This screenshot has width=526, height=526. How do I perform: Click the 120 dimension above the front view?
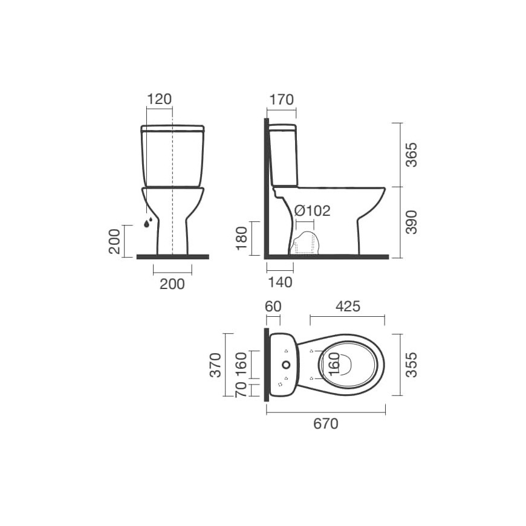[x=160, y=99]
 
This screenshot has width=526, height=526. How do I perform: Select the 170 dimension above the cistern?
[x=282, y=100]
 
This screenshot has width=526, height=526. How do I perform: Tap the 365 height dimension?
[x=411, y=155]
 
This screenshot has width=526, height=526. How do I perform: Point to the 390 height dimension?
[x=411, y=222]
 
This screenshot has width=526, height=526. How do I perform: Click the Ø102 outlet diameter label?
[x=313, y=211]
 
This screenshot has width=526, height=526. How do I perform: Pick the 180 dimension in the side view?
[x=241, y=238]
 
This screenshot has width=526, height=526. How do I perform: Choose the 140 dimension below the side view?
[x=280, y=282]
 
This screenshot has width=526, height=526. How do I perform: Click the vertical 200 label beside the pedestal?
[x=114, y=241]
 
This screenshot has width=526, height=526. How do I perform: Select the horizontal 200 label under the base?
[x=172, y=284]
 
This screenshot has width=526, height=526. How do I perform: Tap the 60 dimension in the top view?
[x=273, y=307]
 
